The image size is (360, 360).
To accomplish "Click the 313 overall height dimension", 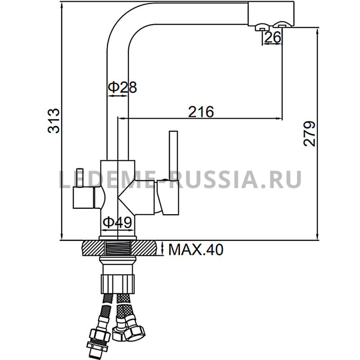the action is [54, 121].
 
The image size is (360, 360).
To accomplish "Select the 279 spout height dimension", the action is [309, 134].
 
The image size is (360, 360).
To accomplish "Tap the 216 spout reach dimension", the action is [201, 112].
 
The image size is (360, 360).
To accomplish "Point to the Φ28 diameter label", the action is [122, 87].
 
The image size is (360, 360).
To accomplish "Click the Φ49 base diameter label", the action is [117, 222].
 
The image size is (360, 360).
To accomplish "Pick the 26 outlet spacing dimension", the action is [273, 37].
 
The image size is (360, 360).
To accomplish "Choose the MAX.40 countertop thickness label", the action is [196, 250].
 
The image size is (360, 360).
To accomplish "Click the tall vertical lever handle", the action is [173, 155].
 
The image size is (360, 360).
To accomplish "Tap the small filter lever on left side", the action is [80, 178].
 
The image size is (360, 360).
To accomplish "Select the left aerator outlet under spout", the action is [262, 27].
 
